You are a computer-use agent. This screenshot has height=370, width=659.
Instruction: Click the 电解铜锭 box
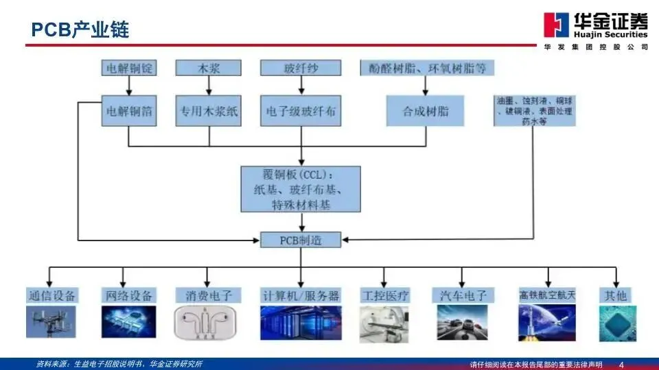pos(129,68)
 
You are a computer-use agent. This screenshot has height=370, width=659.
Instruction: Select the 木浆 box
pos(209,68)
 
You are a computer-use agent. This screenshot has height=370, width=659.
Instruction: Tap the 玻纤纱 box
pos(301,68)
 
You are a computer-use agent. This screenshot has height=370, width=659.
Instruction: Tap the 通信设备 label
pos(51,296)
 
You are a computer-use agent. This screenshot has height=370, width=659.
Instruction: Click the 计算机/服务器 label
pos(301,296)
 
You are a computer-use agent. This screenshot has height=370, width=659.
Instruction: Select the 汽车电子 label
pos(463,296)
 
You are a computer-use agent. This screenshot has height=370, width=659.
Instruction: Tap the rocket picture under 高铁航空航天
pos(546,323)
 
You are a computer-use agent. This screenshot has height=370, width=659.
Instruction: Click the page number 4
pos(622,363)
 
